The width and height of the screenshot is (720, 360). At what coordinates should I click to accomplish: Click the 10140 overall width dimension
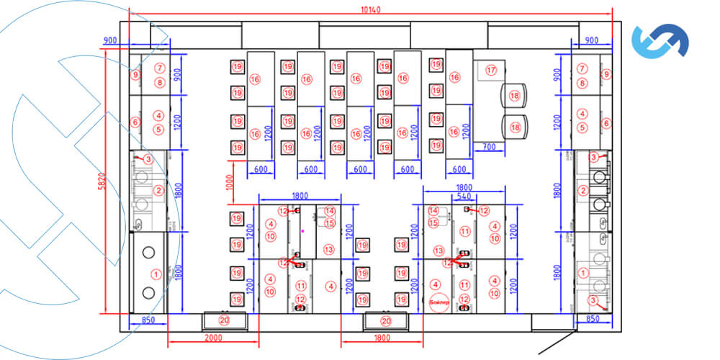371,10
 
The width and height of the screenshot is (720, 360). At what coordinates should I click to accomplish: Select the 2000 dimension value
212,338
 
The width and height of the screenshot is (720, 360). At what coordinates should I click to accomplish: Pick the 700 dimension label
490,147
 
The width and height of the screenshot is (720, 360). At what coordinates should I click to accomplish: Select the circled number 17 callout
492,71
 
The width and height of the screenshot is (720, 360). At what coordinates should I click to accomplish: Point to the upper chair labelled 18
515,96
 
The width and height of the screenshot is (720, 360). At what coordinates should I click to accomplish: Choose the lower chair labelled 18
515,127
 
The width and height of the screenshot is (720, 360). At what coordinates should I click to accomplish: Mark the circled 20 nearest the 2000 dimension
224,320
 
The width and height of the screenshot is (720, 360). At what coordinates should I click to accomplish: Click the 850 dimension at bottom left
148,320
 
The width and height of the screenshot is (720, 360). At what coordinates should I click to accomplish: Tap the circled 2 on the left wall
158,190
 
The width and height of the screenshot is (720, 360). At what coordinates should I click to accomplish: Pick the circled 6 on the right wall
606,123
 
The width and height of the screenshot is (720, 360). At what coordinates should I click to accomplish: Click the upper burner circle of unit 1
149,252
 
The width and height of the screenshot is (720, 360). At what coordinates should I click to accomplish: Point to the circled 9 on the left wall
135,73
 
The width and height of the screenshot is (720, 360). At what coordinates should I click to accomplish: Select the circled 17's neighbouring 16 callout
454,77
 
